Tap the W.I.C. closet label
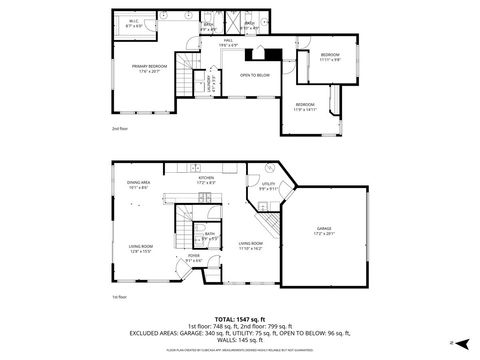[134, 21]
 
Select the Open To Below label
[254, 75]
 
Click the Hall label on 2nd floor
[227, 43]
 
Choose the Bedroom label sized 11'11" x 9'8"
[330, 55]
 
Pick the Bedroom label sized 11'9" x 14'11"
[305, 106]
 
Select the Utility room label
[268, 184]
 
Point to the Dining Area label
[138, 184]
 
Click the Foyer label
[194, 259]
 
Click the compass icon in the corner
[453, 342]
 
